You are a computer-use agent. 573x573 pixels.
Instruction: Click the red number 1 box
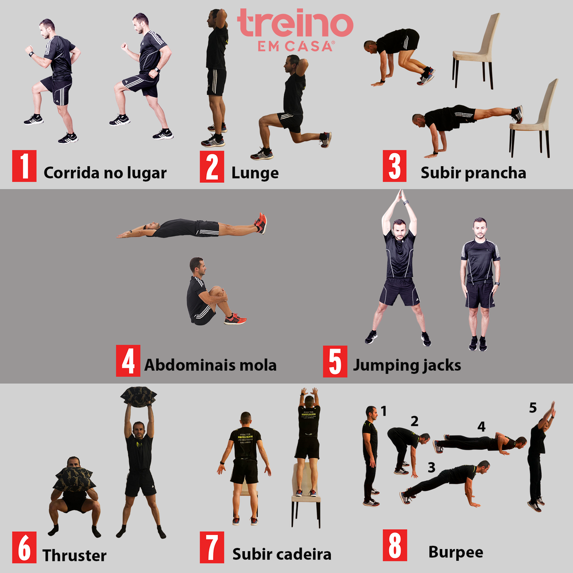[24, 166]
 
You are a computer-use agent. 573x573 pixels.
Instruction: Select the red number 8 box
[395, 545]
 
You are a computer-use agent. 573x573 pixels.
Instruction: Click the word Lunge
[255, 173]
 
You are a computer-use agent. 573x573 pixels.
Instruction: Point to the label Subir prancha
[473, 173]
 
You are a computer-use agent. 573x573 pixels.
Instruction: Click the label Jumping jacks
[407, 365]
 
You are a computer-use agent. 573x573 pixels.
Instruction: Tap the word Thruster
[74, 555]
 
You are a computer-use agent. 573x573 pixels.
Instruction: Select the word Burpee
[455, 552]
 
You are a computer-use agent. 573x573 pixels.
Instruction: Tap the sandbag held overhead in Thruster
[138, 395]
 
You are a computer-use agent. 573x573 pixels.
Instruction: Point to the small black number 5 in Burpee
[532, 408]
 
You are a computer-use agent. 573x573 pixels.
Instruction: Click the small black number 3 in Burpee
[431, 467]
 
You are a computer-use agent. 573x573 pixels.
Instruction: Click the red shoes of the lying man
[260, 222]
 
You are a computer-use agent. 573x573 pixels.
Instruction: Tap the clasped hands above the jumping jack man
[400, 196]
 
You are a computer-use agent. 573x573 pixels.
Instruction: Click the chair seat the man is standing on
[306, 497]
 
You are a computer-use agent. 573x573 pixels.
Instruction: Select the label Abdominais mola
[210, 365]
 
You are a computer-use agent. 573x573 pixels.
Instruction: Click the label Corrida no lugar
[105, 173]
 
